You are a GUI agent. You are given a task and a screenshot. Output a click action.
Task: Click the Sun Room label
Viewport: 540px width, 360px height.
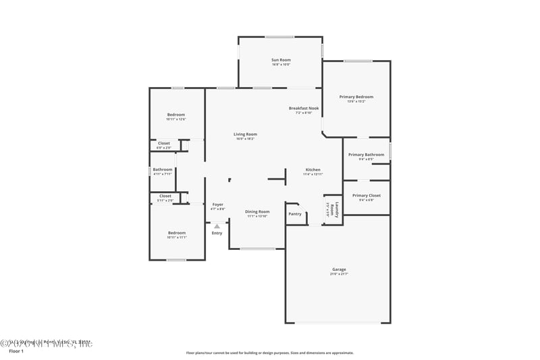click(281, 60)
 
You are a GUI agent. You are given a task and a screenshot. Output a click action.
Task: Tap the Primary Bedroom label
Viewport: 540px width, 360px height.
click(356, 97)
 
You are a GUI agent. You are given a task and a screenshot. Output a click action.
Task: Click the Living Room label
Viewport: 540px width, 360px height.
click(245, 134)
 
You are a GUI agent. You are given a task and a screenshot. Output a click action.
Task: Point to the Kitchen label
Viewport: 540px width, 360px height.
click(313, 170)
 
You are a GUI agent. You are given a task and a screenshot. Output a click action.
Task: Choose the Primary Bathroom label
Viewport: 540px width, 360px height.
click(366, 155)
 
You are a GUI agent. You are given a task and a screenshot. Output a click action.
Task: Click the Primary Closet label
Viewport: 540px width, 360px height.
click(366, 195)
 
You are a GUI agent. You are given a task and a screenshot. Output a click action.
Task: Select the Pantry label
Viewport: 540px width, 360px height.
click(295, 214)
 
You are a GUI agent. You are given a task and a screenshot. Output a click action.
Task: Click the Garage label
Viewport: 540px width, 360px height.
click(338, 269)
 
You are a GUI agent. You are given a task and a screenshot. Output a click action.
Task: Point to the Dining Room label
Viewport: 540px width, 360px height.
click(257, 211)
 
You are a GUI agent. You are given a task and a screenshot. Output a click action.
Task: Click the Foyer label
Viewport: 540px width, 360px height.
click(217, 204)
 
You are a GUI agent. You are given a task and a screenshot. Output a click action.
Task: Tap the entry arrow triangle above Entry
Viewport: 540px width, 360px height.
click(217, 226)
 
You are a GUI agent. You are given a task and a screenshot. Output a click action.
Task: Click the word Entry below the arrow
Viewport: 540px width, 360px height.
click(217, 233)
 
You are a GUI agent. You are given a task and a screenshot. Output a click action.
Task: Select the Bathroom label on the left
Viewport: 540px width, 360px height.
click(162, 170)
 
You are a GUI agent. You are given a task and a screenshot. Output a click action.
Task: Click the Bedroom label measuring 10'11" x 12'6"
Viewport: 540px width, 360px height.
click(176, 115)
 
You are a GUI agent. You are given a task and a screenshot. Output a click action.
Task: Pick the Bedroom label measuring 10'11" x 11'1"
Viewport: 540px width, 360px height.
click(176, 232)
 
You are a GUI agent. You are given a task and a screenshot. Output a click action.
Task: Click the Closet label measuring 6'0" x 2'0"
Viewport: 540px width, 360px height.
click(164, 143)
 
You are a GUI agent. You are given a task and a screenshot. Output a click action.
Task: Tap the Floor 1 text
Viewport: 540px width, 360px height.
click(16, 352)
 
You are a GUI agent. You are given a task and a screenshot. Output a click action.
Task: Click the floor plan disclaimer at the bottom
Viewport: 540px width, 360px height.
click(269, 353)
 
